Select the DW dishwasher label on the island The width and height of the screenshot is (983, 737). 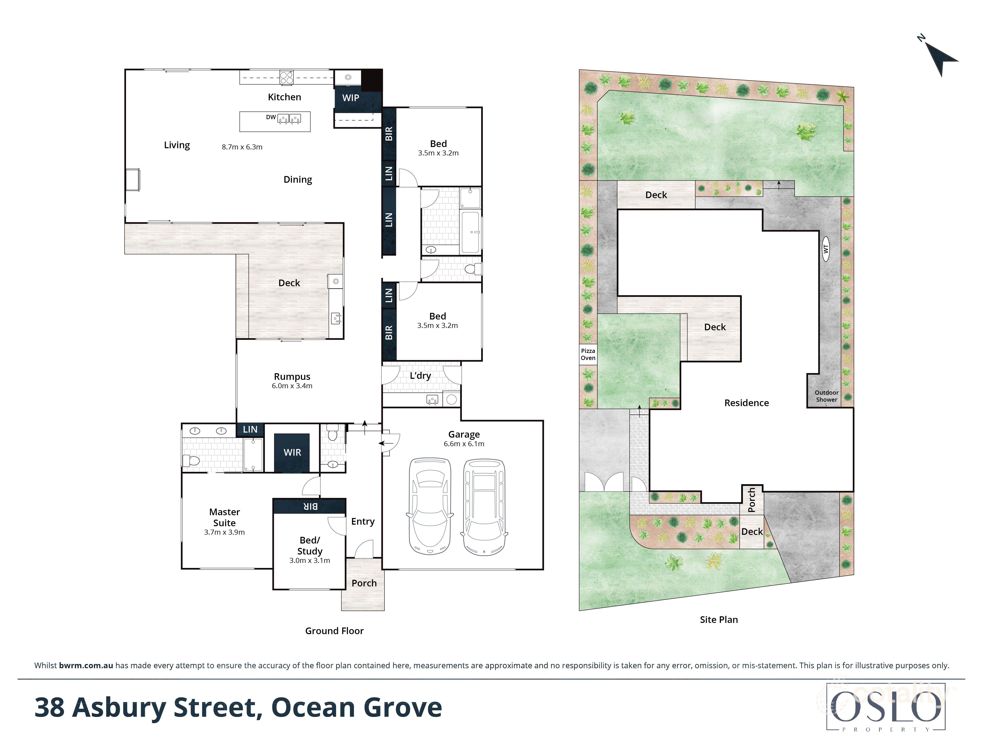click(271, 117)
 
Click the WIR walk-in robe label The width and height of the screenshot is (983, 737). click(292, 452)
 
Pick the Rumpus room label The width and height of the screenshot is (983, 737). click(292, 377)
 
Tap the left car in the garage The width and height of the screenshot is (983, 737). click(430, 506)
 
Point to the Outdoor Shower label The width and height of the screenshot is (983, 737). click(826, 396)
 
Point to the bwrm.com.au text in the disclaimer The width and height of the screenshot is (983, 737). click(86, 665)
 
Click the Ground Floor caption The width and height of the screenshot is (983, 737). click(334, 631)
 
